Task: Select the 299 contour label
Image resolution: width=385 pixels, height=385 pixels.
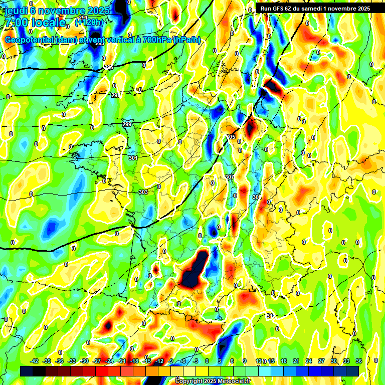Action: coord(127,124)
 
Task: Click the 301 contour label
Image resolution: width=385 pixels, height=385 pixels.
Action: coord(133,158)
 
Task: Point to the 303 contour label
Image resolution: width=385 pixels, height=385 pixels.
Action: coord(143,192)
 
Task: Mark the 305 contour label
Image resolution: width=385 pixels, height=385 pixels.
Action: coord(231,137)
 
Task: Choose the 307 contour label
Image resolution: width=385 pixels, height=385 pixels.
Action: coord(230,177)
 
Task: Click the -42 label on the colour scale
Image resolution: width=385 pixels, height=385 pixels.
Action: coord(35,361)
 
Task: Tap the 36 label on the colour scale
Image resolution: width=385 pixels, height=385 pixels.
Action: coord(359,361)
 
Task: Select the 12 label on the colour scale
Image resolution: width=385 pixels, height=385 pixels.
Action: coord(259,361)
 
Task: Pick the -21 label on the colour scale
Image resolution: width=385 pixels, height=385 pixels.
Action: coord(122,361)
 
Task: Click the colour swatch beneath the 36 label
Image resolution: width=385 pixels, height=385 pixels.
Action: coord(352,371)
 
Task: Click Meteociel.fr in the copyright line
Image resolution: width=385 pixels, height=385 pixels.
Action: coord(231,381)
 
